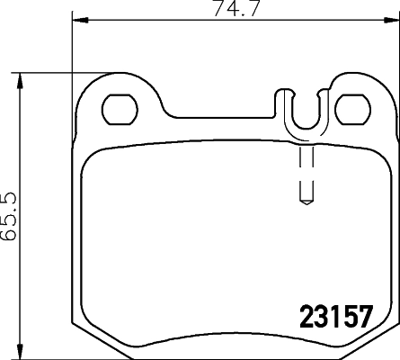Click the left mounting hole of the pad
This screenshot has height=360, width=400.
120,110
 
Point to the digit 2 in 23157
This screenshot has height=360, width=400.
305,319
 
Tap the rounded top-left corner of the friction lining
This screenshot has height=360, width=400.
92,157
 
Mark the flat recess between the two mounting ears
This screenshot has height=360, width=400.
225,116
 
